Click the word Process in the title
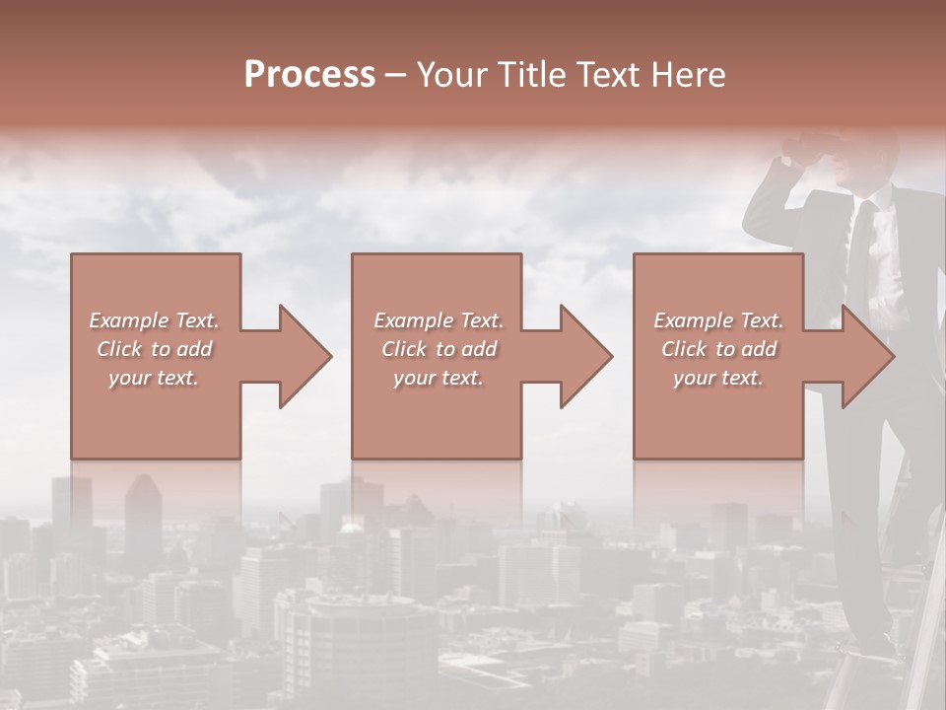click(309, 75)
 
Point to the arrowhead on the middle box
click(584, 356)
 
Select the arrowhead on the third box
click(866, 356)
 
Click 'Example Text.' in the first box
click(155, 320)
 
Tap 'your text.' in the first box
click(155, 378)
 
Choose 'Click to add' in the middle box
click(438, 349)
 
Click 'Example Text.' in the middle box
click(438, 320)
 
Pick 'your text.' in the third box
click(718, 378)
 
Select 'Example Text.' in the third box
click(718, 320)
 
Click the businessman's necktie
click(860, 247)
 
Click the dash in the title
click(395, 75)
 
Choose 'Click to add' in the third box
click(718, 349)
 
